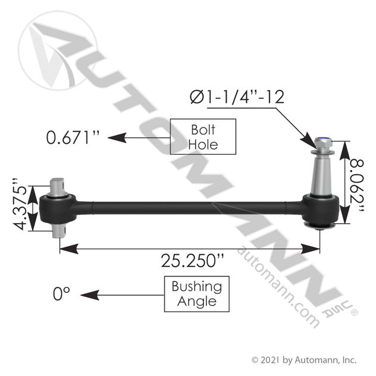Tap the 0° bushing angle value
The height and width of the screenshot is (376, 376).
click(61, 293)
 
